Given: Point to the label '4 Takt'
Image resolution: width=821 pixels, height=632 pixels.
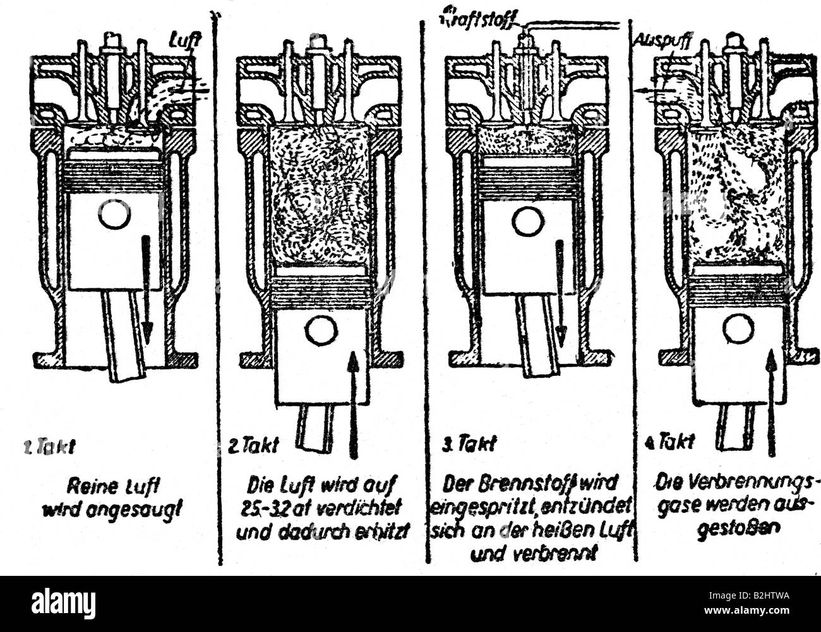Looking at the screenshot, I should click(669, 442).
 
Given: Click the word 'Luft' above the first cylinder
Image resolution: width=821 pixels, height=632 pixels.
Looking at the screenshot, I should click(184, 41).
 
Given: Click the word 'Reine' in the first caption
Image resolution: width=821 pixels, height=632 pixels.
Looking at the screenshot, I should click(87, 487).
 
